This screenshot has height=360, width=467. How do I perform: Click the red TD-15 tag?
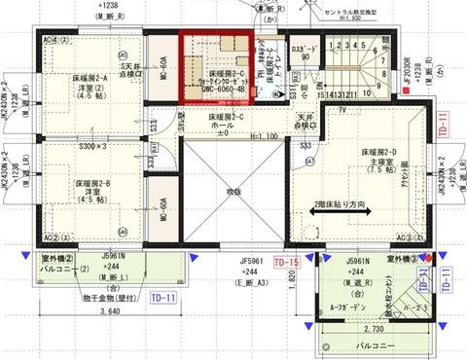pyautogui.click(x=286, y=264)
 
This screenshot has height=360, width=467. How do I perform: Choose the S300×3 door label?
pyautogui.click(x=93, y=146)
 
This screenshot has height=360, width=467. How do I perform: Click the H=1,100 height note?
pyautogui.click(x=250, y=135)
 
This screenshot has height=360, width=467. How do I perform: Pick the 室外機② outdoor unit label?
pyautogui.click(x=58, y=259)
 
